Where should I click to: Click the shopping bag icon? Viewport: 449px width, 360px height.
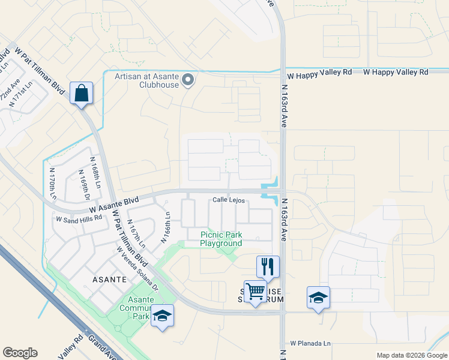click(x=81, y=94)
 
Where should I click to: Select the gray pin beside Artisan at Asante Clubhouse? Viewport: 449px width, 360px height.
click(x=188, y=79)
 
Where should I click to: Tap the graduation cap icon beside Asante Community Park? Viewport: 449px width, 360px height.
click(x=162, y=316)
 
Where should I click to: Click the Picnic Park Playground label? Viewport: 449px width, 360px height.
click(x=221, y=239)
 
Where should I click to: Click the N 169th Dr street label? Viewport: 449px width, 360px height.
click(x=83, y=185)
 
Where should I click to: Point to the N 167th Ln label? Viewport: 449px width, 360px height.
click(x=136, y=234)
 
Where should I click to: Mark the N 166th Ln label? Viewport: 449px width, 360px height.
click(x=167, y=227)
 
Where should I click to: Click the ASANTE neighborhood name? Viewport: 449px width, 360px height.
click(x=109, y=280)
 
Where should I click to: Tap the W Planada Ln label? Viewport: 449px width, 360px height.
click(x=310, y=344)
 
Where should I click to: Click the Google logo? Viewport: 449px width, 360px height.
click(x=20, y=353)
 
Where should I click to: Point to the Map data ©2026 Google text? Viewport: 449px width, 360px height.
click(x=411, y=355)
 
